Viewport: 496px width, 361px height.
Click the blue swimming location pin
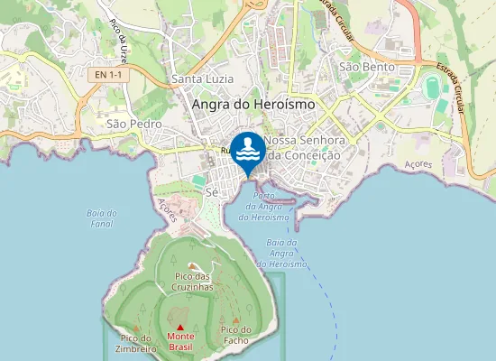click(247, 149)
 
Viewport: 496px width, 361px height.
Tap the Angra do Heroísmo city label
click(253, 105)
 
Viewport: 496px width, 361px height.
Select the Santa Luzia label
click(196, 80)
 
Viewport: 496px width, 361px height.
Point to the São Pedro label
click(133, 123)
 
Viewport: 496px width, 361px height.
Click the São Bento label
click(362, 67)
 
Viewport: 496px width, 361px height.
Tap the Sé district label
click(212, 192)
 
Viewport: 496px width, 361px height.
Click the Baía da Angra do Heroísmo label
click(282, 253)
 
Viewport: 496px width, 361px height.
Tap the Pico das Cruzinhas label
click(194, 281)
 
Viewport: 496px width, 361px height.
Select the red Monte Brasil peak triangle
click(180, 328)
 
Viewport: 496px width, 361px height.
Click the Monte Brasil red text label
click(180, 341)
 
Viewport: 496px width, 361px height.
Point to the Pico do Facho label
click(236, 336)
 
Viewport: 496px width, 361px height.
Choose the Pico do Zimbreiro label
click(136, 343)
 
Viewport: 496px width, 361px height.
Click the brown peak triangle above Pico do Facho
click(236, 319)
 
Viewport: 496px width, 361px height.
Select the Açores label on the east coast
click(419, 165)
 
